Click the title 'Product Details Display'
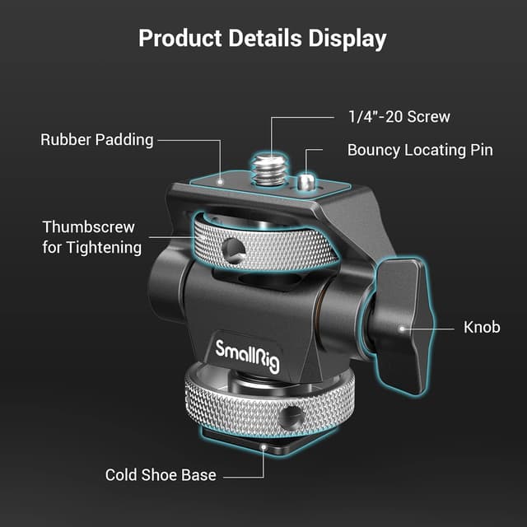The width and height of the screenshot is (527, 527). point(263,38)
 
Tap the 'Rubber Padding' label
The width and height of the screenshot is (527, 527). point(97,139)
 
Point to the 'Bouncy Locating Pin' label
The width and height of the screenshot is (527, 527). point(420,150)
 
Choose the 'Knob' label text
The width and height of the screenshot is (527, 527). point(482,327)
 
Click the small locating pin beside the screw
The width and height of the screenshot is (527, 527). point(308,180)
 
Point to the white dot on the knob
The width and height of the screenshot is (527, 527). point(402,328)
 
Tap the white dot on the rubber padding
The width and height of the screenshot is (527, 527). point(220,175)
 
